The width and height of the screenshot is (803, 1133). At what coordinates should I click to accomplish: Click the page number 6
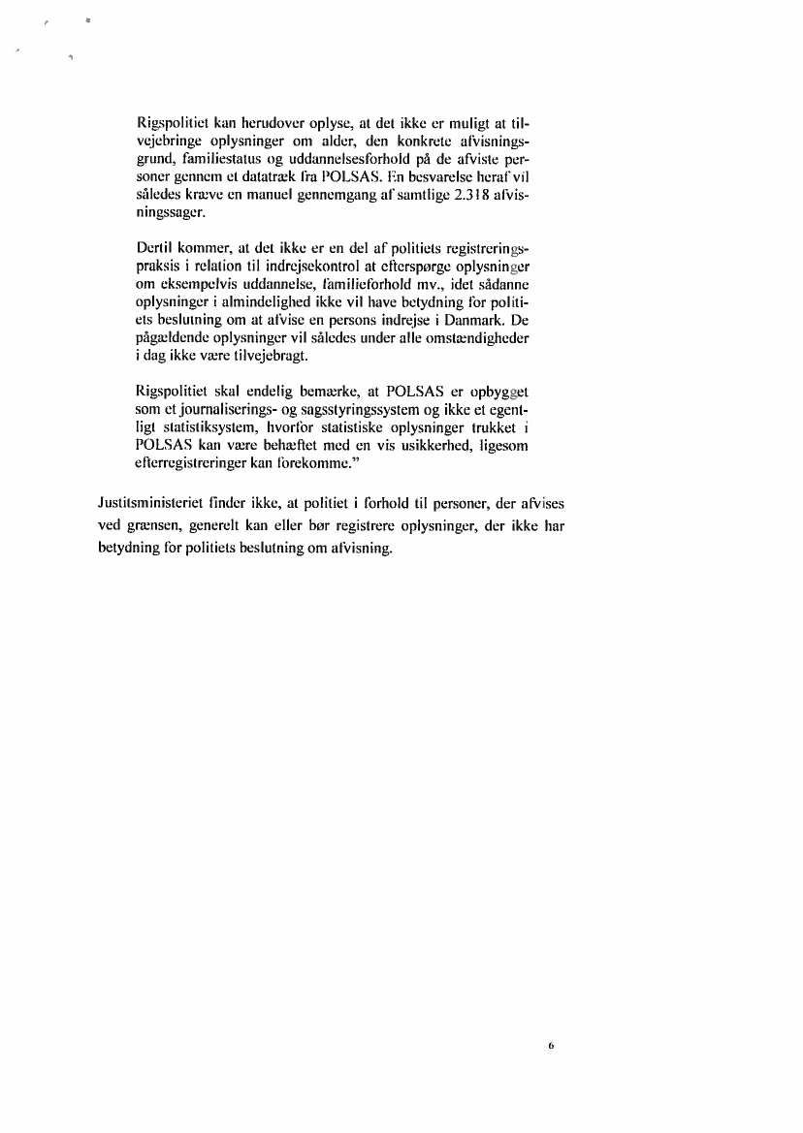(550, 1046)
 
